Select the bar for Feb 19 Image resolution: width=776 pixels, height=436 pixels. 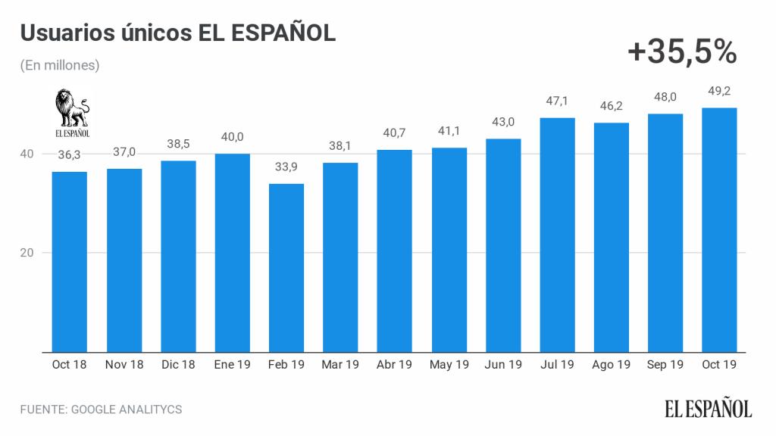coord(286,268)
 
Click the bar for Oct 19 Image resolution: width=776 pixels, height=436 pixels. coord(719,230)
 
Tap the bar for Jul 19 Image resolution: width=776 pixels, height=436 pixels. coord(557,235)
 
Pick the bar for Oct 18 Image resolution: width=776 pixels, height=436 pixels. coord(70,262)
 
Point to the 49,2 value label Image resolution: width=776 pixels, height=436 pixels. coord(719,92)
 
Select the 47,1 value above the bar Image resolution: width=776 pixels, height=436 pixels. coord(557,102)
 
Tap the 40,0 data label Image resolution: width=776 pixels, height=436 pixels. coord(232,138)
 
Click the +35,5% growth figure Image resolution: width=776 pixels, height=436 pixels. coord(682,51)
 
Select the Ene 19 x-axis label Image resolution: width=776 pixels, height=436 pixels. coord(232,365)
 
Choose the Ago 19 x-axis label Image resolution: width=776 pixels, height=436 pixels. coord(611,365)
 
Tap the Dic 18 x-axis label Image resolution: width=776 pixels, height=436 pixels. coord(178,365)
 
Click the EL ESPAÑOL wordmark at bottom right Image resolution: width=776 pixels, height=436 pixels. coord(709,409)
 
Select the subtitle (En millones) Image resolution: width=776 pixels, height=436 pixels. coord(60,66)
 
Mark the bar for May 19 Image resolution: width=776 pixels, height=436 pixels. coord(449,250)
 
